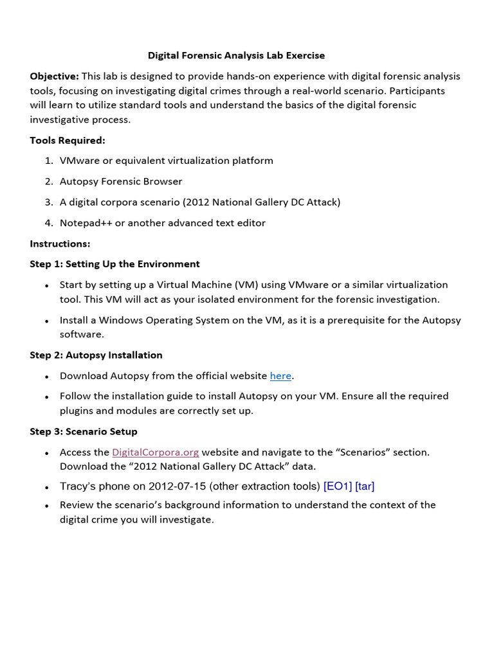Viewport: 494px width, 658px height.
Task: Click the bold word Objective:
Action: pos(54,76)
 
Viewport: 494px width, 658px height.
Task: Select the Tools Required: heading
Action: pos(68,140)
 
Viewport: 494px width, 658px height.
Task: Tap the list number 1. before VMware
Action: pos(49,161)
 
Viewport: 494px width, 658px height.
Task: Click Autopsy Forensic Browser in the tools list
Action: pos(121,181)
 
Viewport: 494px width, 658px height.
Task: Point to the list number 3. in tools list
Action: pos(49,202)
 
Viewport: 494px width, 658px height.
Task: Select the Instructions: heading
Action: pos(60,244)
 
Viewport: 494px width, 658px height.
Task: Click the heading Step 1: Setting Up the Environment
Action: pos(114,264)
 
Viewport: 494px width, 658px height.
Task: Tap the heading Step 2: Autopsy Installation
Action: pos(96,355)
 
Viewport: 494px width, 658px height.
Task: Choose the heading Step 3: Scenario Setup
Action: pos(84,431)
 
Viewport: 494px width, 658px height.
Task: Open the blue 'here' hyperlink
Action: pos(280,376)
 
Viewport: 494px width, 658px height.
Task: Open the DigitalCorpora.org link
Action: pos(155,452)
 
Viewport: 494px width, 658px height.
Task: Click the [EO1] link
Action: pos(338,486)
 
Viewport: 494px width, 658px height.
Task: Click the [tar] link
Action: pos(365,486)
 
